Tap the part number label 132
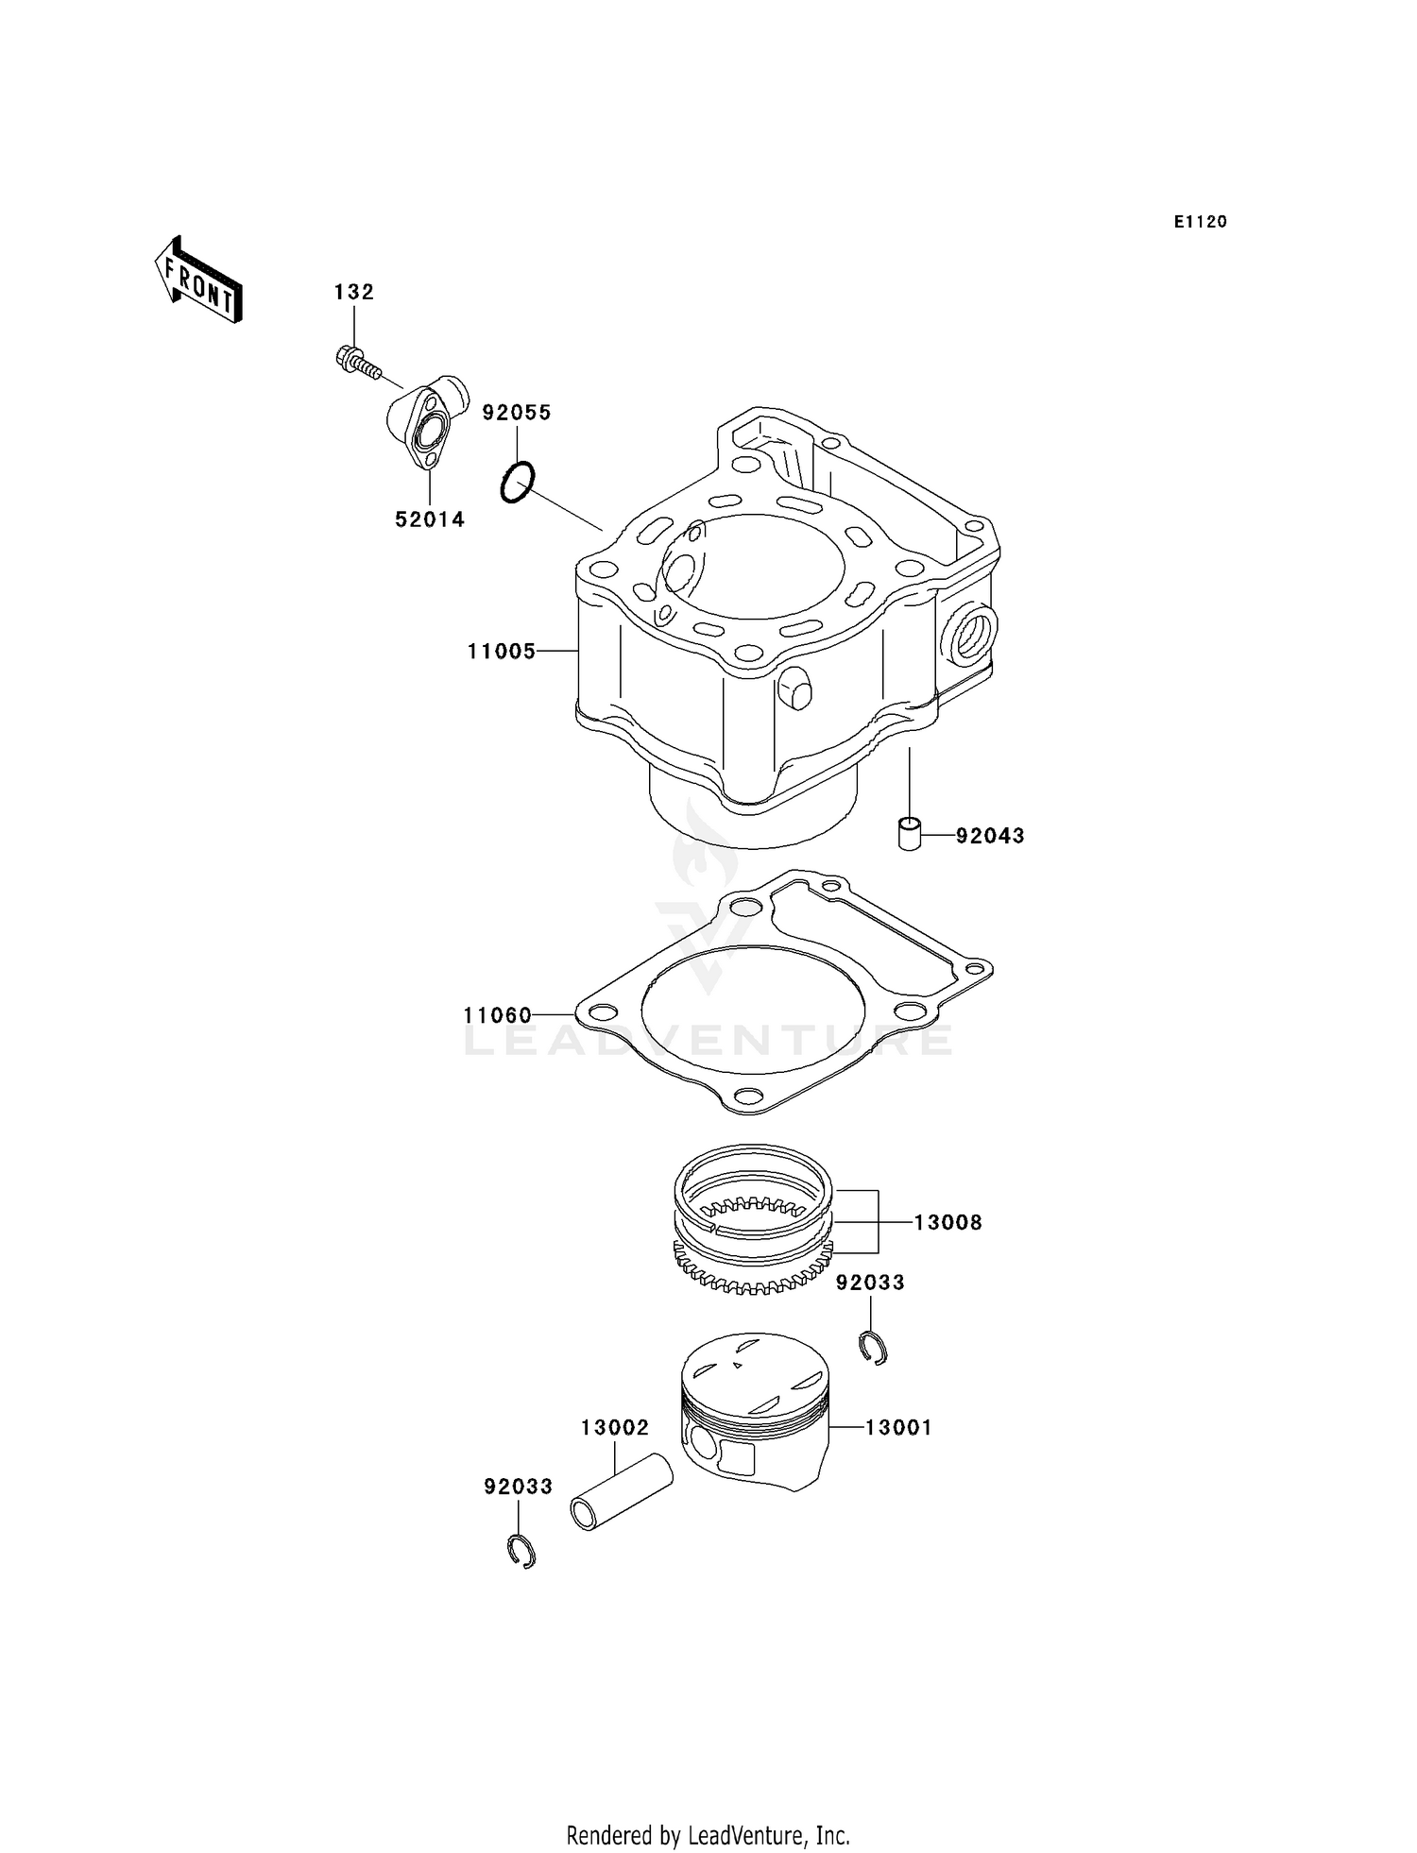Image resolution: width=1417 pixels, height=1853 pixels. [x=353, y=293]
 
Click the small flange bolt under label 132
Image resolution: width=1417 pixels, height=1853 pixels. [x=357, y=364]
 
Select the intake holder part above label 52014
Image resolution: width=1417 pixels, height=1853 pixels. [x=428, y=425]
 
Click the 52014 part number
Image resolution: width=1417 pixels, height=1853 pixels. [x=430, y=519]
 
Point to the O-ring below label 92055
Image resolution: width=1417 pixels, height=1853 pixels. [x=517, y=483]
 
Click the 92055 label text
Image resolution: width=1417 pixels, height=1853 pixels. [x=517, y=413]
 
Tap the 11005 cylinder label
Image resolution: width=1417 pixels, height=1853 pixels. [x=502, y=651]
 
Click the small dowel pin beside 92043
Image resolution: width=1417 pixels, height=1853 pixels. [x=909, y=835]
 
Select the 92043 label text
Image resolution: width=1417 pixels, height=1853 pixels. [x=990, y=836]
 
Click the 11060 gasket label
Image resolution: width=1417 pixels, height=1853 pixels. [x=498, y=1015]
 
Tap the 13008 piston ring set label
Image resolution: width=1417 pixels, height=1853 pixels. [x=948, y=1222]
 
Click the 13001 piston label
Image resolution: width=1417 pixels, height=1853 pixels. [x=898, y=1428]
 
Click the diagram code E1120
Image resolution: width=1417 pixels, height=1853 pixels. [x=1200, y=222]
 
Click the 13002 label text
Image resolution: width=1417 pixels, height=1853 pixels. [x=615, y=1428]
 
